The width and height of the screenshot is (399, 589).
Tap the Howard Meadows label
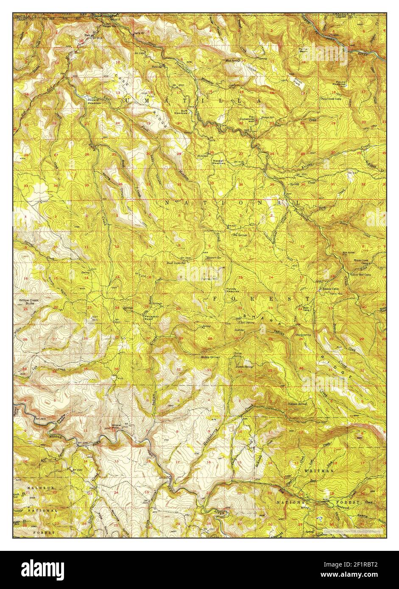[x=94, y=102]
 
